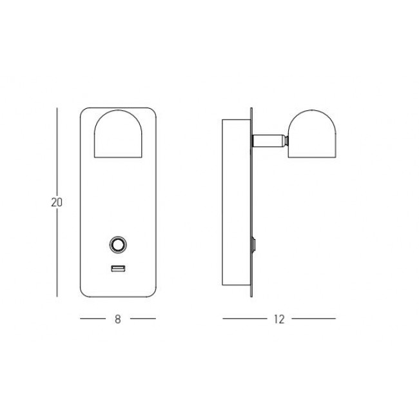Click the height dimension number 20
[x=56, y=202]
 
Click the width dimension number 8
[x=117, y=319]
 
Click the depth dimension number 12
[x=278, y=319]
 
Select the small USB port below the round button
[x=117, y=269]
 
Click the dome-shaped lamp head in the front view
[x=117, y=135]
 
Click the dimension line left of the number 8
[x=92, y=319]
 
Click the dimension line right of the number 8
[x=142, y=319]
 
